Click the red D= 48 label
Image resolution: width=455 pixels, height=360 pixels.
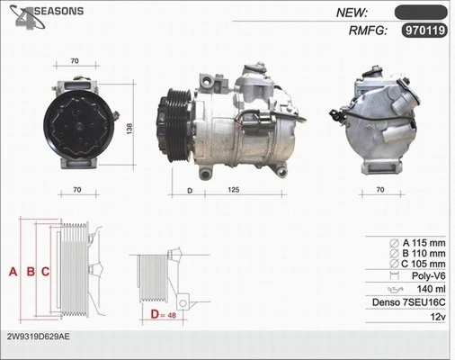point(164,315)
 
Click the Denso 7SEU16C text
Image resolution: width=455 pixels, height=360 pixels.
point(410,304)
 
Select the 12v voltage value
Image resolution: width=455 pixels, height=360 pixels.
point(438,318)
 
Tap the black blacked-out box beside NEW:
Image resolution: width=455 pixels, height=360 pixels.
point(421,12)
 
